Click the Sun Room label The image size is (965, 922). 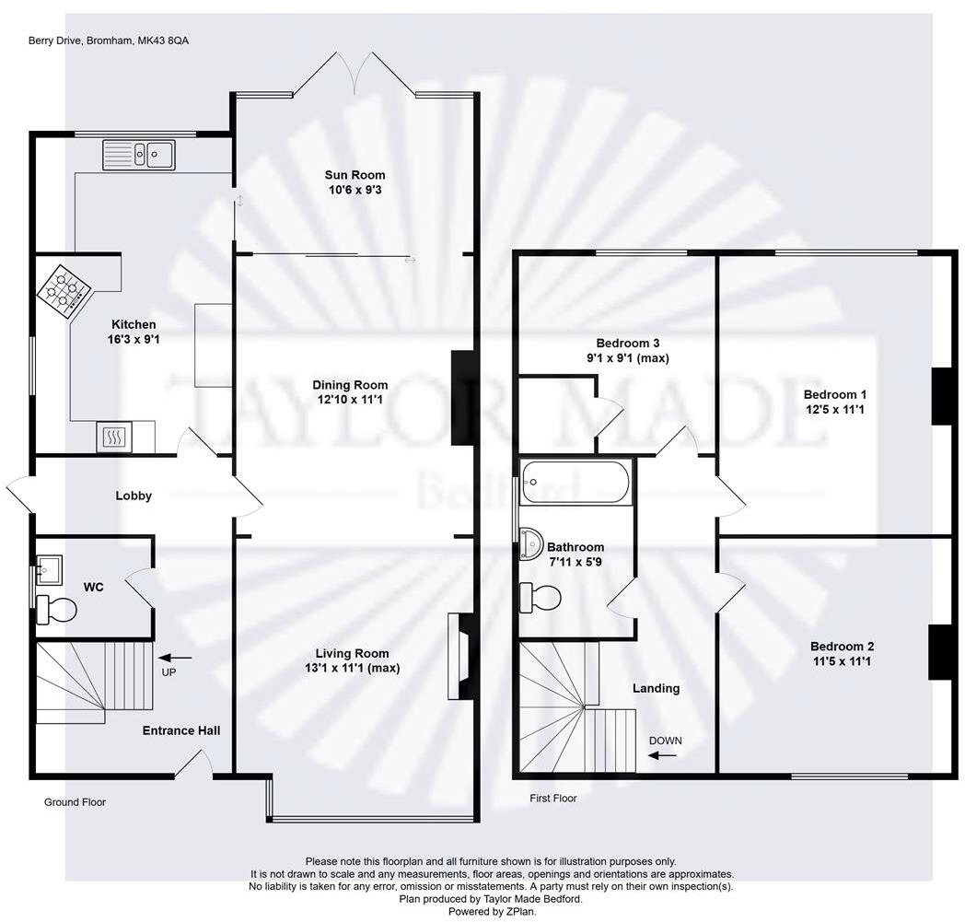coord(355,175)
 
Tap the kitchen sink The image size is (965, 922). coord(139,154)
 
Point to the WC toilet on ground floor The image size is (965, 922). coord(57,609)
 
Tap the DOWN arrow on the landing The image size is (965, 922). coord(661,755)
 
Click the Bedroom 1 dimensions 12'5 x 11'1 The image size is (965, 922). coord(833,409)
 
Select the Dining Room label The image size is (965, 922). coord(350,385)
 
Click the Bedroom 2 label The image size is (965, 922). coord(842,646)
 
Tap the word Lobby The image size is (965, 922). coord(134,496)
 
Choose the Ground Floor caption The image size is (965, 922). coord(75,802)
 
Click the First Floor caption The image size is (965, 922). coord(552,799)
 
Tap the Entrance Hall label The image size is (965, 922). coord(181,730)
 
